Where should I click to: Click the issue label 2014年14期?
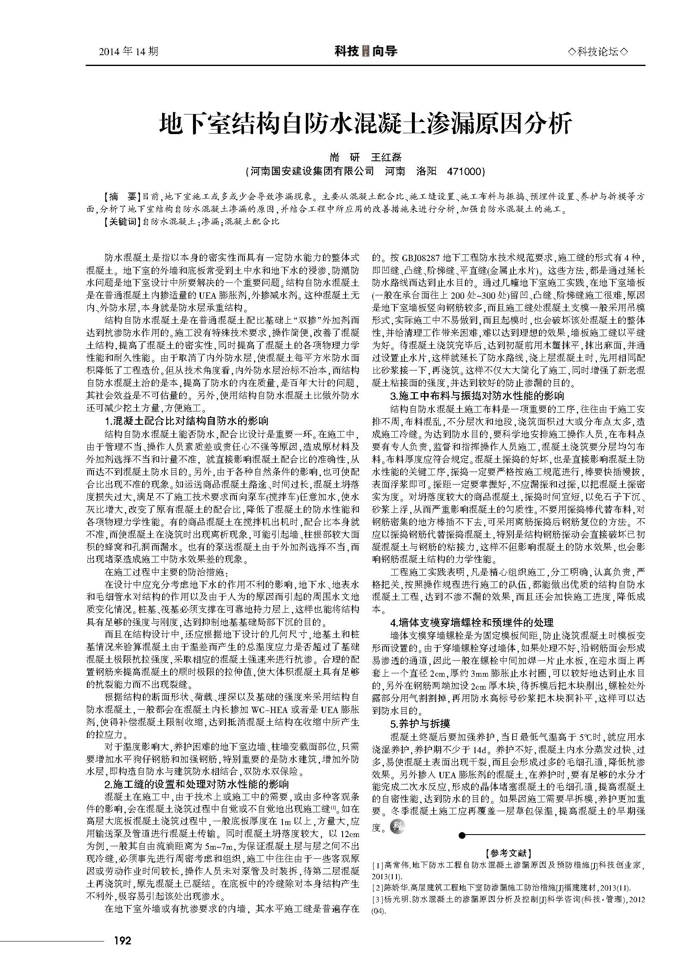tap(128, 52)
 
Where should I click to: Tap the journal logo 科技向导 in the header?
tap(366, 52)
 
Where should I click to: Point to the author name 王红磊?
tap(387, 157)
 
